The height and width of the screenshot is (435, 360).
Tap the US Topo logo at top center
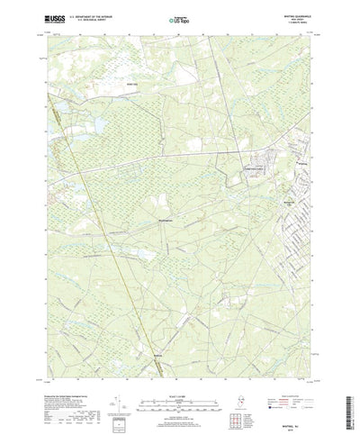tap(178, 18)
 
